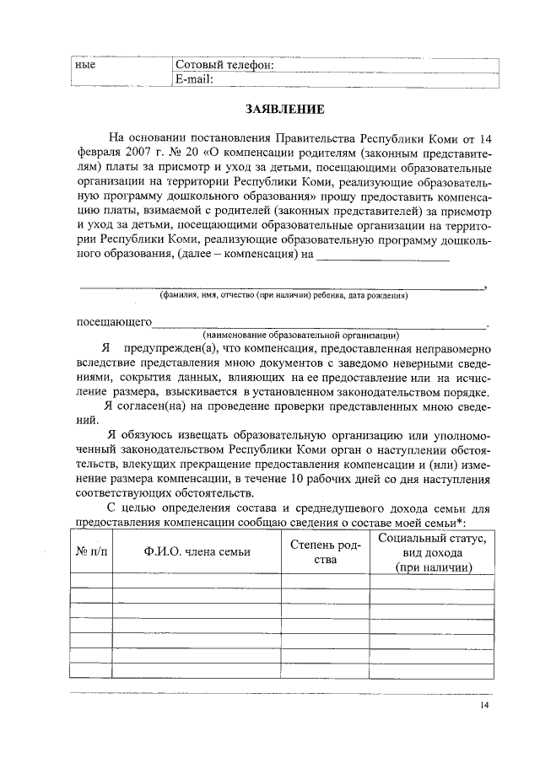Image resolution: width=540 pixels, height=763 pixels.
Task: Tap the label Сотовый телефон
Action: pyautogui.click(x=224, y=66)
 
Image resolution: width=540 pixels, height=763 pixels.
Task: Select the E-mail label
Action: pyautogui.click(x=194, y=79)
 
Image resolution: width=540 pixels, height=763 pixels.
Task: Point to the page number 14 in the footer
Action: pyautogui.click(x=483, y=706)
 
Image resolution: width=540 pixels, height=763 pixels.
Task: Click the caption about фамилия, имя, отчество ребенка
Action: pyautogui.click(x=283, y=296)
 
